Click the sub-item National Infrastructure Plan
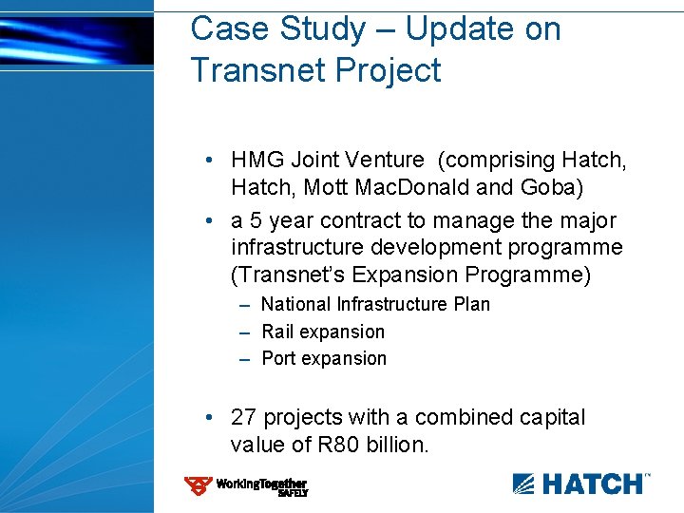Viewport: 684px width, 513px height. click(375, 304)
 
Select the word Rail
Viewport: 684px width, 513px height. click(276, 332)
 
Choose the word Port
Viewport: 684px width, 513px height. click(278, 358)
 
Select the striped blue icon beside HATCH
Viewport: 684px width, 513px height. click(525, 484)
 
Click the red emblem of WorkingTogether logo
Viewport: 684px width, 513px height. click(198, 486)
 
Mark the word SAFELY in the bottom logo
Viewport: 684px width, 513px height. click(292, 494)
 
